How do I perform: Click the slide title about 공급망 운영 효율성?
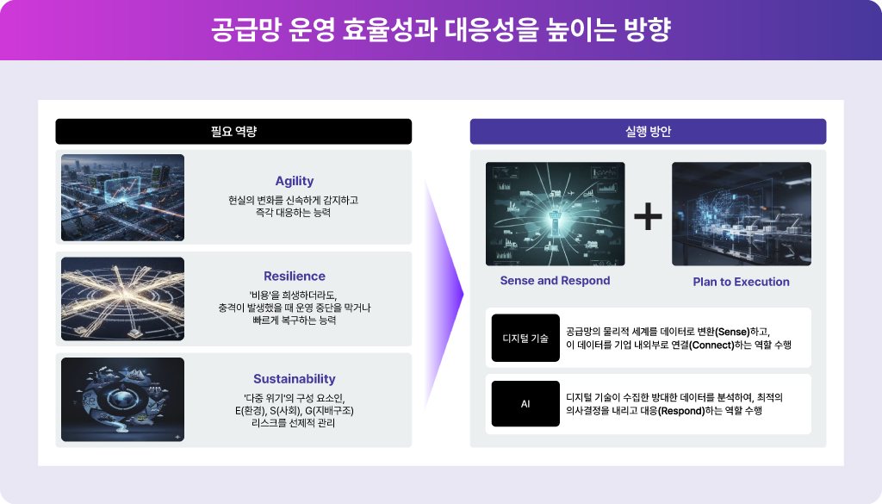[x=440, y=30]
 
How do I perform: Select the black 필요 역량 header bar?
[x=233, y=131]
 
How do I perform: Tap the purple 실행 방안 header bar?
[x=648, y=131]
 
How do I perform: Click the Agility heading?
[x=295, y=181]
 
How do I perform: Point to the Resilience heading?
[x=295, y=277]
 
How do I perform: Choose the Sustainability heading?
[x=295, y=379]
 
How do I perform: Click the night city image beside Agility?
[x=122, y=197]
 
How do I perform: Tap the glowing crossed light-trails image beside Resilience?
[x=122, y=299]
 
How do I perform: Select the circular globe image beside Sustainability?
[x=122, y=400]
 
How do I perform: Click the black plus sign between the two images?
[x=648, y=216]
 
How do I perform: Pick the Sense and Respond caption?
[x=556, y=281]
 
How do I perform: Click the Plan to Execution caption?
[x=742, y=282]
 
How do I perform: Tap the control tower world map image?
[x=556, y=214]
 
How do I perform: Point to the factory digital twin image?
[x=742, y=214]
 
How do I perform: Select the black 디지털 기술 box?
[x=525, y=338]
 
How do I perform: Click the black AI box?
[x=525, y=404]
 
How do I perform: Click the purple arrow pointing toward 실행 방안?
[x=444, y=293]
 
